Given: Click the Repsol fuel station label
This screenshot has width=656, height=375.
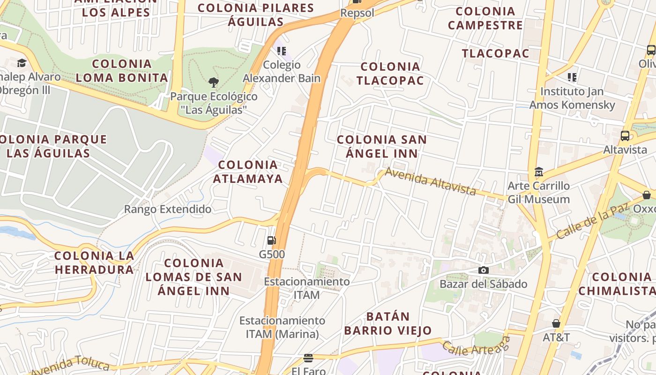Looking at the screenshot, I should [x=357, y=13].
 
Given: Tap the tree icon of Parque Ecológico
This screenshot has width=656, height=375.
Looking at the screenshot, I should [x=214, y=83].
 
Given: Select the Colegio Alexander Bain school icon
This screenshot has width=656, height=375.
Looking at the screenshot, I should [x=281, y=51].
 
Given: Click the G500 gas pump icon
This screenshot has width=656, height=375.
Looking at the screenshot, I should [x=272, y=240].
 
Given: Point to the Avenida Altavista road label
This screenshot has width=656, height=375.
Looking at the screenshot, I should [x=430, y=181].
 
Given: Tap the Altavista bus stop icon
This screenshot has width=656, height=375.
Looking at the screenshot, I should [x=625, y=136].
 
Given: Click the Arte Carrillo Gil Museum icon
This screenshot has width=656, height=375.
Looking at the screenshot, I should [x=539, y=172].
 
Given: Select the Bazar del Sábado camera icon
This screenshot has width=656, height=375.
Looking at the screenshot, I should [x=483, y=270].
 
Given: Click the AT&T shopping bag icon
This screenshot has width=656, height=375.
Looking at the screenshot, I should [x=556, y=323].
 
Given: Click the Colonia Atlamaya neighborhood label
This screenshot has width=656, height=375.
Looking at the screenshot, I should [x=248, y=172].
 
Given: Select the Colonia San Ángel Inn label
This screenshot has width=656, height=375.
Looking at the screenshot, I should [x=382, y=146].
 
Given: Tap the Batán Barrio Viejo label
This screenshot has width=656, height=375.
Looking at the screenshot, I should [x=388, y=323].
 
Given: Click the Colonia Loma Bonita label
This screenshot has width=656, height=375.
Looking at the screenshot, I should [x=122, y=71].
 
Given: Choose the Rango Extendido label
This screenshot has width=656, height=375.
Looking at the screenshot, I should [x=167, y=209].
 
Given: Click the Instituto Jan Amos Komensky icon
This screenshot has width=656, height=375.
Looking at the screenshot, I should [x=572, y=77].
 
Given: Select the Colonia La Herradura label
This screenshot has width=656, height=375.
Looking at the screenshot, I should [x=94, y=262].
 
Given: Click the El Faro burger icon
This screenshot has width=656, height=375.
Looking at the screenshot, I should [x=308, y=358].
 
